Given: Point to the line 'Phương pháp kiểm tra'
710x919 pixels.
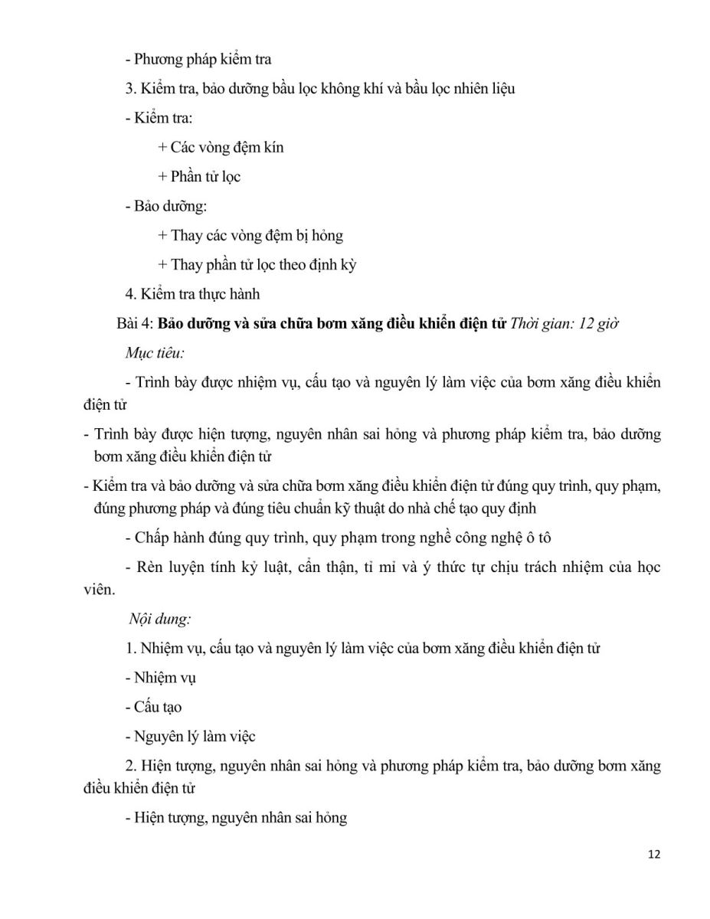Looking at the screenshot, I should [x=198, y=58].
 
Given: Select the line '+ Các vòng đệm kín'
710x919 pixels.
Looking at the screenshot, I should [x=221, y=147].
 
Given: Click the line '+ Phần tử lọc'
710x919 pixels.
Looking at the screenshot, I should [x=199, y=176].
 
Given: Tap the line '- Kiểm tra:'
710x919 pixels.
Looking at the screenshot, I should [x=159, y=118].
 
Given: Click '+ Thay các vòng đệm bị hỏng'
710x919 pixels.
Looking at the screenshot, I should [x=250, y=235].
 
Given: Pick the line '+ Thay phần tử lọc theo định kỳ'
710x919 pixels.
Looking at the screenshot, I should [x=257, y=265].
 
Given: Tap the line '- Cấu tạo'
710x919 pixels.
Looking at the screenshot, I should [x=153, y=707].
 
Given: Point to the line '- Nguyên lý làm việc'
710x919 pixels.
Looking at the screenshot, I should [x=190, y=737].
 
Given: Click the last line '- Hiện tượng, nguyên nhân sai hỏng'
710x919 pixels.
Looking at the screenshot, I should [x=236, y=818].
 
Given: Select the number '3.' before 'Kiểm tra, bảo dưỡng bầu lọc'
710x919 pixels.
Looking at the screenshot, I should [x=131, y=88].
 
